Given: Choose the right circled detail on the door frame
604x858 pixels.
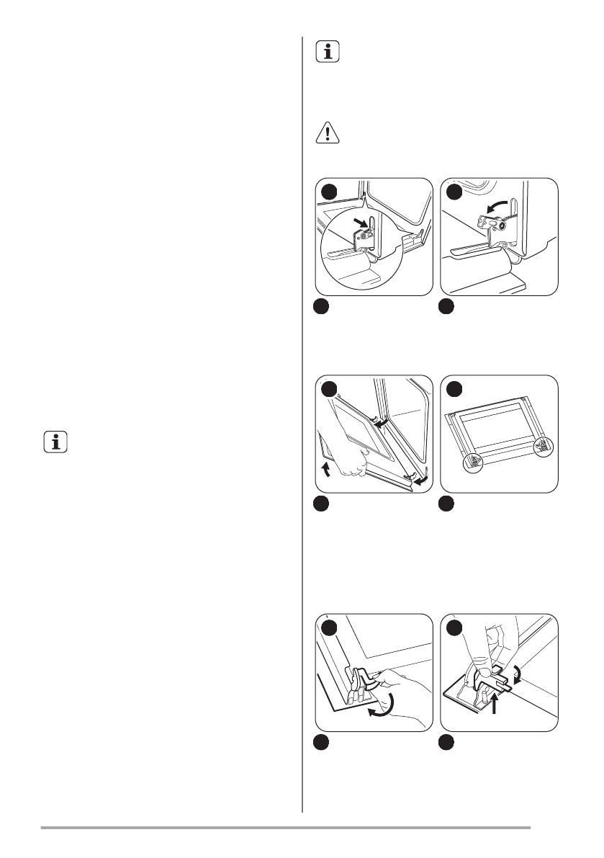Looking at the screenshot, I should [x=543, y=448].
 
